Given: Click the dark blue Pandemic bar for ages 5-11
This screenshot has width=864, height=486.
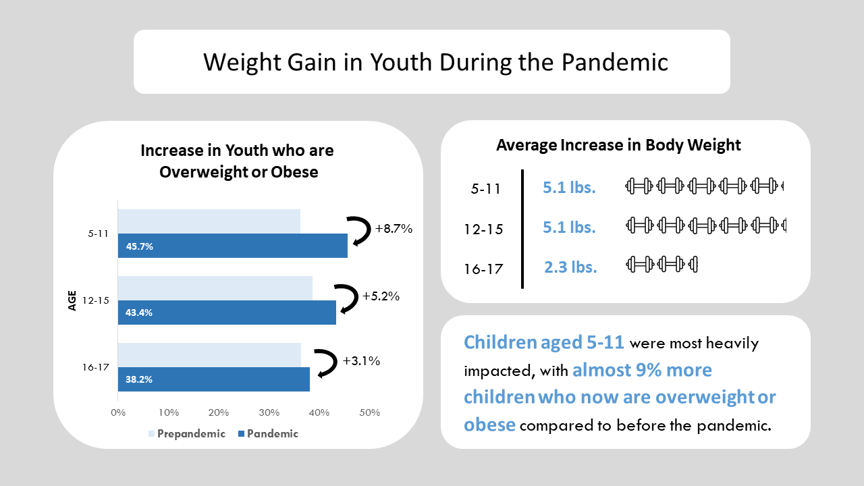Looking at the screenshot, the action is [x=233, y=245].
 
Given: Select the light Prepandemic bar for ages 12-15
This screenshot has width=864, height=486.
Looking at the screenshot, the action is [x=215, y=288].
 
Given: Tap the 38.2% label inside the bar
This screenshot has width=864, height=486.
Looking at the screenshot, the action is [x=139, y=379].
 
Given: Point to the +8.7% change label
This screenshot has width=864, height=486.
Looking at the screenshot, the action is [x=394, y=229].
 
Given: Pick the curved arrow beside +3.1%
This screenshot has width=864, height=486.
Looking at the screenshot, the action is [x=331, y=362].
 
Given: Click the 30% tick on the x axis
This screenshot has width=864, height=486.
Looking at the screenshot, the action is [x=269, y=412].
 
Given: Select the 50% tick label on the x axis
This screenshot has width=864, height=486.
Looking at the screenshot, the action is [x=369, y=412].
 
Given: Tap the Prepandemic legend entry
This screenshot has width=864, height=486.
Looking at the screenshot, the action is [x=187, y=434].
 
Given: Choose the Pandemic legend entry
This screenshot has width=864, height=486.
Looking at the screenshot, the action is [x=269, y=434].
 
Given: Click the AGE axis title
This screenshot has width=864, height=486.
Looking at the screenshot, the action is [x=72, y=300].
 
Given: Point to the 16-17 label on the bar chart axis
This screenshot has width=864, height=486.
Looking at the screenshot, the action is [x=96, y=367].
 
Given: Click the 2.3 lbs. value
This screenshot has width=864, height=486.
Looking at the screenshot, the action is [x=570, y=267].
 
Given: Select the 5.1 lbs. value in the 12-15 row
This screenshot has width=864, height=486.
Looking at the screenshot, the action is [x=569, y=227].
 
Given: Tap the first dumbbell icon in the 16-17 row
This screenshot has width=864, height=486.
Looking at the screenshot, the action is [x=640, y=265].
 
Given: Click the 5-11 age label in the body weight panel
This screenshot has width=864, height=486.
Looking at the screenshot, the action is [x=485, y=189].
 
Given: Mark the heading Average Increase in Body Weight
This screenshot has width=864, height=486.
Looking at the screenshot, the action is [x=618, y=145].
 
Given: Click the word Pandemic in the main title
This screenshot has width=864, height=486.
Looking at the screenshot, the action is [x=614, y=62].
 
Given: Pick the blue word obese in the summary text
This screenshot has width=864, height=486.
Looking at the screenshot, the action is [x=489, y=425].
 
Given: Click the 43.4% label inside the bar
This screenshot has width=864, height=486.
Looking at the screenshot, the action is [x=139, y=313].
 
